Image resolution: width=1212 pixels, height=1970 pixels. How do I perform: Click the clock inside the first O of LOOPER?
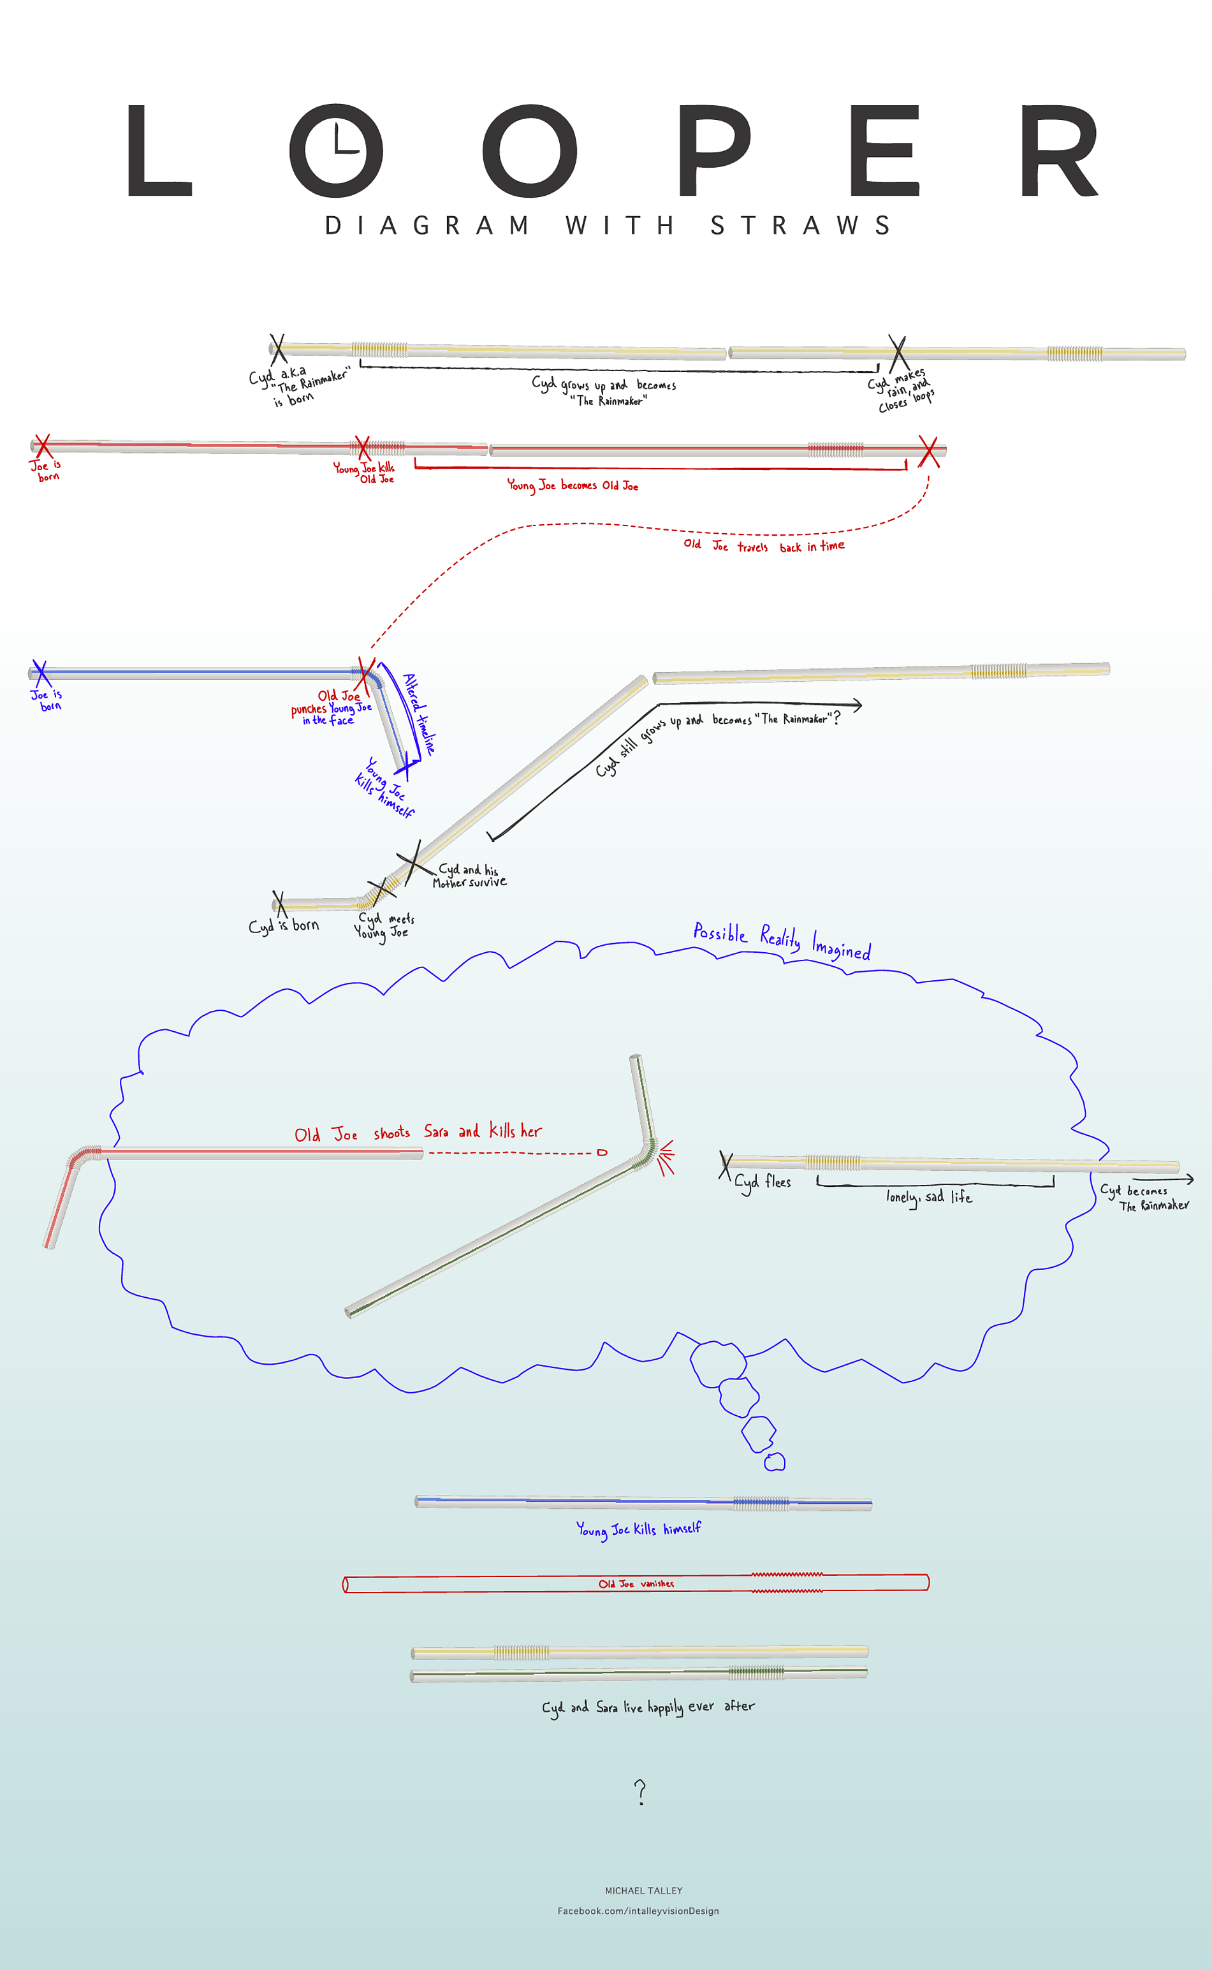[337, 149]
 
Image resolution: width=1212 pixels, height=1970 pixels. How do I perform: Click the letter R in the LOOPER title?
[1058, 151]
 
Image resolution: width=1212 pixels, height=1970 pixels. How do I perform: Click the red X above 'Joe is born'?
[43, 445]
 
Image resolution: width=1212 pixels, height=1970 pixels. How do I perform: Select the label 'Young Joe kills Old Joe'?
[365, 473]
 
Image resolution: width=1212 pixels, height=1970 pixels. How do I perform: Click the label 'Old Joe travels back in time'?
[763, 546]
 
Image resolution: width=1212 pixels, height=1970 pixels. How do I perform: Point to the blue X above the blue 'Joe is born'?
[40, 672]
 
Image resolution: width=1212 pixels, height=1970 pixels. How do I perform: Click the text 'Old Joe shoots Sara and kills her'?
[418, 1132]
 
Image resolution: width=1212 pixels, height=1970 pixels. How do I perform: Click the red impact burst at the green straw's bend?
[664, 1158]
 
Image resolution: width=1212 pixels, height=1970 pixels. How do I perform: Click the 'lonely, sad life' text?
[929, 1197]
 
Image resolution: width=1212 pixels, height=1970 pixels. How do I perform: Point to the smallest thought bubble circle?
[775, 1462]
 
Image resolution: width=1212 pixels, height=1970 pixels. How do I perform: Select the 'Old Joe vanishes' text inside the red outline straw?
[636, 1584]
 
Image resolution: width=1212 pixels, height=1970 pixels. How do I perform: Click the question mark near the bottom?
[639, 1791]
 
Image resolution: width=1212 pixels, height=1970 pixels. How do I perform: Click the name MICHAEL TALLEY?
[644, 1891]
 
